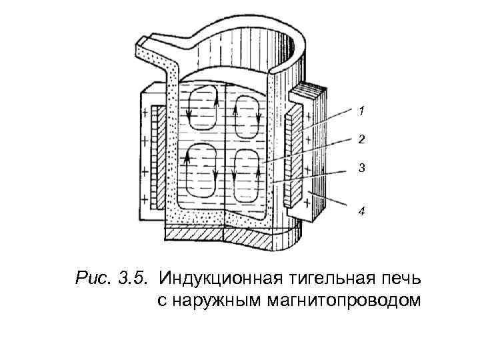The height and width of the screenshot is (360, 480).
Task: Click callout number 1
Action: [x=360, y=109]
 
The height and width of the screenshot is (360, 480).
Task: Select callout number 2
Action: [x=361, y=139]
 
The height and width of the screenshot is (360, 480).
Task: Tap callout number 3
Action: [x=361, y=169]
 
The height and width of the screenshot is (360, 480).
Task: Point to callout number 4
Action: [x=361, y=211]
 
